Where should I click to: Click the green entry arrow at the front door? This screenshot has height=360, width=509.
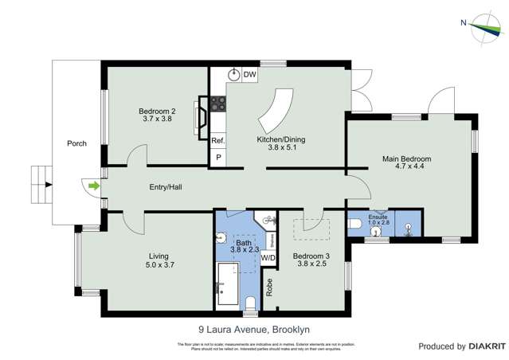pos(94,186)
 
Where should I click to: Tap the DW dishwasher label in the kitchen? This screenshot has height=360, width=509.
pos(249,74)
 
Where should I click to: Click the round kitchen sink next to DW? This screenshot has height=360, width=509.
pos(234,74)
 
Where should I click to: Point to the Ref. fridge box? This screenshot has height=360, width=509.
pos(217,140)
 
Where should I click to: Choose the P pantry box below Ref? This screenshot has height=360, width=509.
pos(217,158)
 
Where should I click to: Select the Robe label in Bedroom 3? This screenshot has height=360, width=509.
pos(270,288)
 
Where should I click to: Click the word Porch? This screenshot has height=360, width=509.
pos(76,143)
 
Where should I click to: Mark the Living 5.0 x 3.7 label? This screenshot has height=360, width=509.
pos(159,260)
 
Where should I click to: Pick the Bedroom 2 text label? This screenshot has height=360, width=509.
pos(157,111)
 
